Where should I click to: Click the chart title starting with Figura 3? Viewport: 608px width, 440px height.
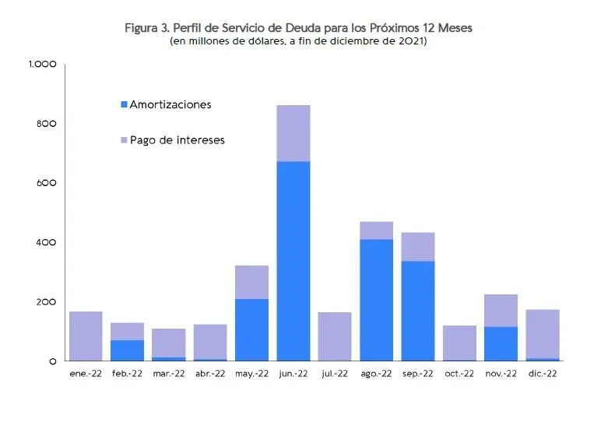[298, 28]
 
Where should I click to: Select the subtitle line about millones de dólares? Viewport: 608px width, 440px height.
[298, 41]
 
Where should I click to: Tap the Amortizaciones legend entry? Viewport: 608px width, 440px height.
[170, 104]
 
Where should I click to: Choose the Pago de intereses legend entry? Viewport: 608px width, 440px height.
[177, 140]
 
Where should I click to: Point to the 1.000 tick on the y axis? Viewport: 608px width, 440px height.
[42, 65]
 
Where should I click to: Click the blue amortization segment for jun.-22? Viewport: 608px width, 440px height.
[293, 261]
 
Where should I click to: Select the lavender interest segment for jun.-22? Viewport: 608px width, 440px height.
[293, 133]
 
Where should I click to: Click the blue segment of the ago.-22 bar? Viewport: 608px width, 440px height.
[376, 300]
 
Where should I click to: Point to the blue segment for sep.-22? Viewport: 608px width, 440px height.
[417, 311]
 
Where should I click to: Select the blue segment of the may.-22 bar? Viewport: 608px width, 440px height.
[252, 329]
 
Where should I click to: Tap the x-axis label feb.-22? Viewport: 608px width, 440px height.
[127, 374]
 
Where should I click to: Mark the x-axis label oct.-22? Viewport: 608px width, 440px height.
[459, 374]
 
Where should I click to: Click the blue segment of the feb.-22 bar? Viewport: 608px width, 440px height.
[127, 350]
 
